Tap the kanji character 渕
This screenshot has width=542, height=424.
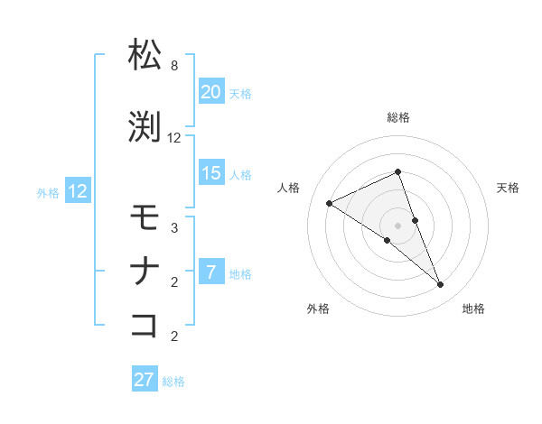pos(145,126)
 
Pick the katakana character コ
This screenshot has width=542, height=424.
pos(145,324)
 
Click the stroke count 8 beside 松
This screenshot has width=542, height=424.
pos(174,67)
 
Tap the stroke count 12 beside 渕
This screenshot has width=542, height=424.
pos(174,138)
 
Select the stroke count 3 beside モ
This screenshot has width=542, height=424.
pos(174,228)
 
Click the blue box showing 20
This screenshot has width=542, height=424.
pos(210,92)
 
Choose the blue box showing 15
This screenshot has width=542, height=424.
pos(210,173)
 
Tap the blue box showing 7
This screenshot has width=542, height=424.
pos(210,272)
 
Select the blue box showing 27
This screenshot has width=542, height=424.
pos(145,380)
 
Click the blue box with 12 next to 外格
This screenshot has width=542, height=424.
pos(78,191)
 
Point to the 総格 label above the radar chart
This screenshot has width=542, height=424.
pos(397,117)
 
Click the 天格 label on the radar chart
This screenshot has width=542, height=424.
pos(508,188)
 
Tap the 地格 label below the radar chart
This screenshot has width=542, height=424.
pos(473,309)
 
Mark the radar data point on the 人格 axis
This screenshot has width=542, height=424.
pos(330,203)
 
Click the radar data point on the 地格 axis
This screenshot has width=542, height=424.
pos(441,285)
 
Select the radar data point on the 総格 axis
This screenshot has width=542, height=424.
pos(397,172)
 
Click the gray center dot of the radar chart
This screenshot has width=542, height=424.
pos(397,225)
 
